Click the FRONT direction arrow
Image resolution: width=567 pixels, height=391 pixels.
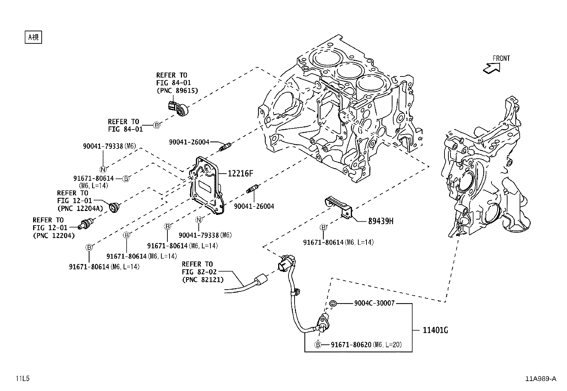click(491, 68)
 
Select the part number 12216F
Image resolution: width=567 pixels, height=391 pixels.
click(240, 174)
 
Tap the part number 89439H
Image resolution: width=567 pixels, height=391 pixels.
click(381, 221)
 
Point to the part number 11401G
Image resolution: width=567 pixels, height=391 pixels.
click(435, 330)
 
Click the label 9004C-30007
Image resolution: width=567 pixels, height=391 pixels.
click(374, 303)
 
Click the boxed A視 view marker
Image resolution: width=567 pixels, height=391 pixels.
click(33, 37)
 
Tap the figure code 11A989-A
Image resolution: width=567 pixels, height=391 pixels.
click(540, 379)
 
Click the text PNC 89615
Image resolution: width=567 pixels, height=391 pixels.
click(177, 90)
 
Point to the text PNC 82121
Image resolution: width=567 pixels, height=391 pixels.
click(203, 280)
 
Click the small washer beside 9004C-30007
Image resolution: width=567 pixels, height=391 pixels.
click(332, 303)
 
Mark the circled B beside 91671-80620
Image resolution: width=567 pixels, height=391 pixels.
click(318, 345)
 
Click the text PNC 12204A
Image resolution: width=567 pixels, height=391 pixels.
click(80, 208)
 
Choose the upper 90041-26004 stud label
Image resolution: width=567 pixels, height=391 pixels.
click(189, 142)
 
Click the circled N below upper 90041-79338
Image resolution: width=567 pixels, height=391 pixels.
click(103, 169)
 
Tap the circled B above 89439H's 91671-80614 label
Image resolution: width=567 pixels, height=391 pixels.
click(323, 227)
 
